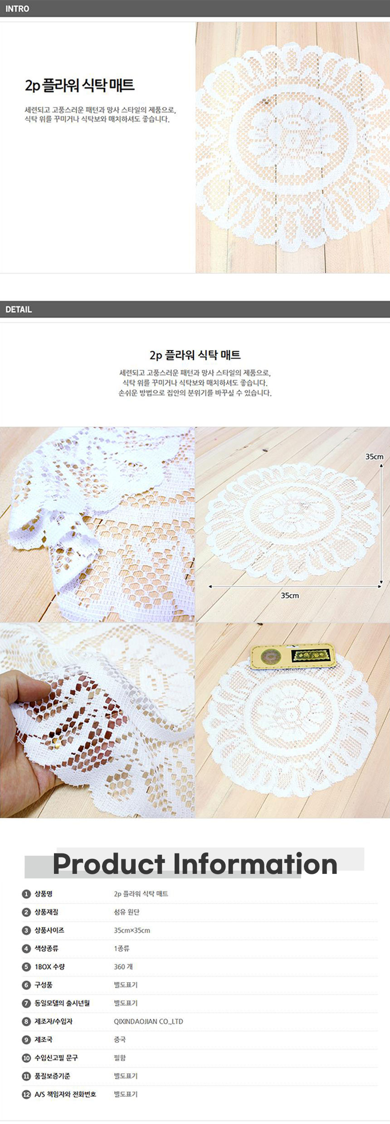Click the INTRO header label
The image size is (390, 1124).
pos(17,9)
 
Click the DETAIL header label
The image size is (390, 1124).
pos(19,309)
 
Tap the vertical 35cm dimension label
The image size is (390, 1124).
pos(375,456)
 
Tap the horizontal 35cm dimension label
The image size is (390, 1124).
pos(290,595)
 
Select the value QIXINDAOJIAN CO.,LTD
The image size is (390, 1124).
pos(148,1021)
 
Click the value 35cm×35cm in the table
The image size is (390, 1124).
pos(132,930)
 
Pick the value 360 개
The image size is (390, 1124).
pos(123,966)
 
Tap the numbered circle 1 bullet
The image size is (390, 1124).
pos(26,893)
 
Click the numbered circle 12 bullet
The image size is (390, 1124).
pos(26,1094)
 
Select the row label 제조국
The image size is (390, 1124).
pos(44,1039)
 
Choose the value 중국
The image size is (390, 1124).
pos(120,1039)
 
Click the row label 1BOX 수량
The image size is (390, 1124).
pos(50,966)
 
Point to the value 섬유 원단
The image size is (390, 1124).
pos(127,912)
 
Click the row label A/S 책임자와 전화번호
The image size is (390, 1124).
pos(65,1094)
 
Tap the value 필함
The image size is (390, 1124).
pos(120,1057)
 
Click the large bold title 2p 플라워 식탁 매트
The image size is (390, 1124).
pos(80,85)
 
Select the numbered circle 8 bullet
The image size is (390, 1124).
pos(26,1021)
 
